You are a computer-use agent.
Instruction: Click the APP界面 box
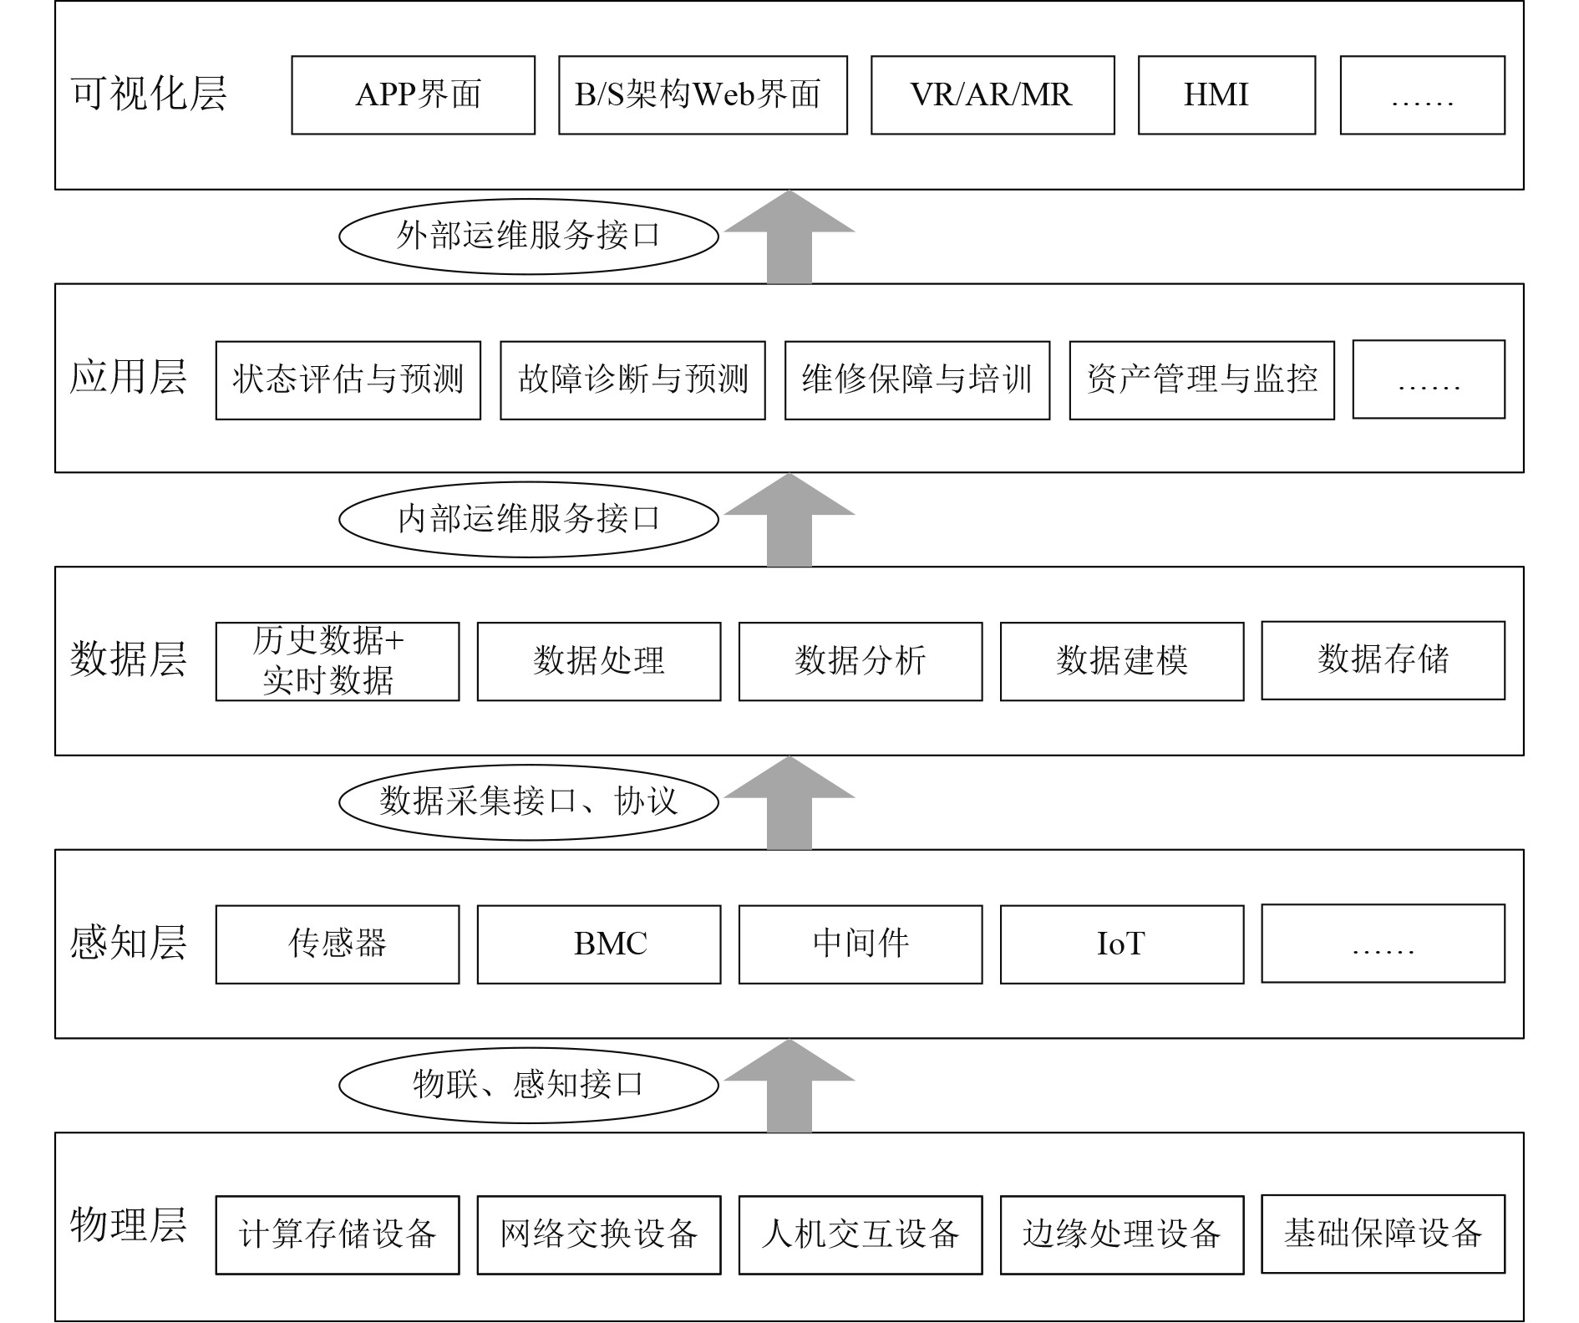[x=413, y=95]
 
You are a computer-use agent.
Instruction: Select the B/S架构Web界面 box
[x=703, y=95]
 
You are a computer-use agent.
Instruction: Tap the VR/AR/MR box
[x=993, y=95]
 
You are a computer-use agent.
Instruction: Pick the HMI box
[x=1226, y=95]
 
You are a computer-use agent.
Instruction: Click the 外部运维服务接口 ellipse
[x=528, y=237]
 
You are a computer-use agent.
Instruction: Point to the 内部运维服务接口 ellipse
[x=528, y=519]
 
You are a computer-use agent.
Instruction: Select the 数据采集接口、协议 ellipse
[x=528, y=801]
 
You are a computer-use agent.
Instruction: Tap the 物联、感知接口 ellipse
[x=528, y=1085]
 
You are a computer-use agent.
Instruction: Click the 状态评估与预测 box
[x=348, y=380]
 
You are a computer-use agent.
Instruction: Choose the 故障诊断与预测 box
[x=632, y=380]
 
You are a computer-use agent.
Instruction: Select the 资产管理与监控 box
[x=1201, y=380]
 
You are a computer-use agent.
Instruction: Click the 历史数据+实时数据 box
[x=338, y=661]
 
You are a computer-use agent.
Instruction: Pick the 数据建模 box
[x=1121, y=661]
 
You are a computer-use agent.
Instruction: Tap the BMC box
[x=598, y=944]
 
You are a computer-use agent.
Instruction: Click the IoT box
[x=1121, y=944]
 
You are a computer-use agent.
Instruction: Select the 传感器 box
[x=338, y=944]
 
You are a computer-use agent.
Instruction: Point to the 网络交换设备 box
[x=598, y=1234]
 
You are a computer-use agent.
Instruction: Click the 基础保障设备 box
[x=1383, y=1234]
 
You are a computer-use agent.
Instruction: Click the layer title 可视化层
[x=149, y=94]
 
